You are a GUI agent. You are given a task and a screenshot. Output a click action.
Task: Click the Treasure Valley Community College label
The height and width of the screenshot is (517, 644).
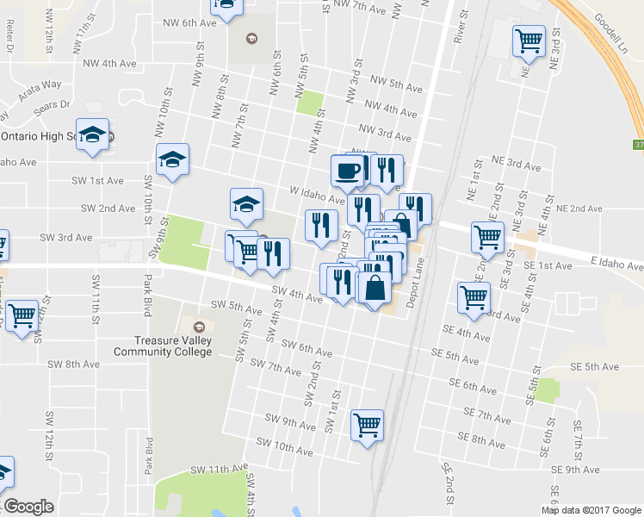tap(163, 346)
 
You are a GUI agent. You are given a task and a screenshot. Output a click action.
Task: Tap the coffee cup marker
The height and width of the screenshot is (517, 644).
tap(347, 170)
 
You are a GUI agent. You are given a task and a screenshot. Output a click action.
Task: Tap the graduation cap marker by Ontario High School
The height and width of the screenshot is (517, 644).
tap(93, 135)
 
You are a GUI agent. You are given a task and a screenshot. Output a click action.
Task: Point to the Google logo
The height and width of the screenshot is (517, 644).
tap(29, 507)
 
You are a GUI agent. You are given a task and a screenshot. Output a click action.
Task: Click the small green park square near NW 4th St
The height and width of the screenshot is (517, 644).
tap(307, 103)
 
